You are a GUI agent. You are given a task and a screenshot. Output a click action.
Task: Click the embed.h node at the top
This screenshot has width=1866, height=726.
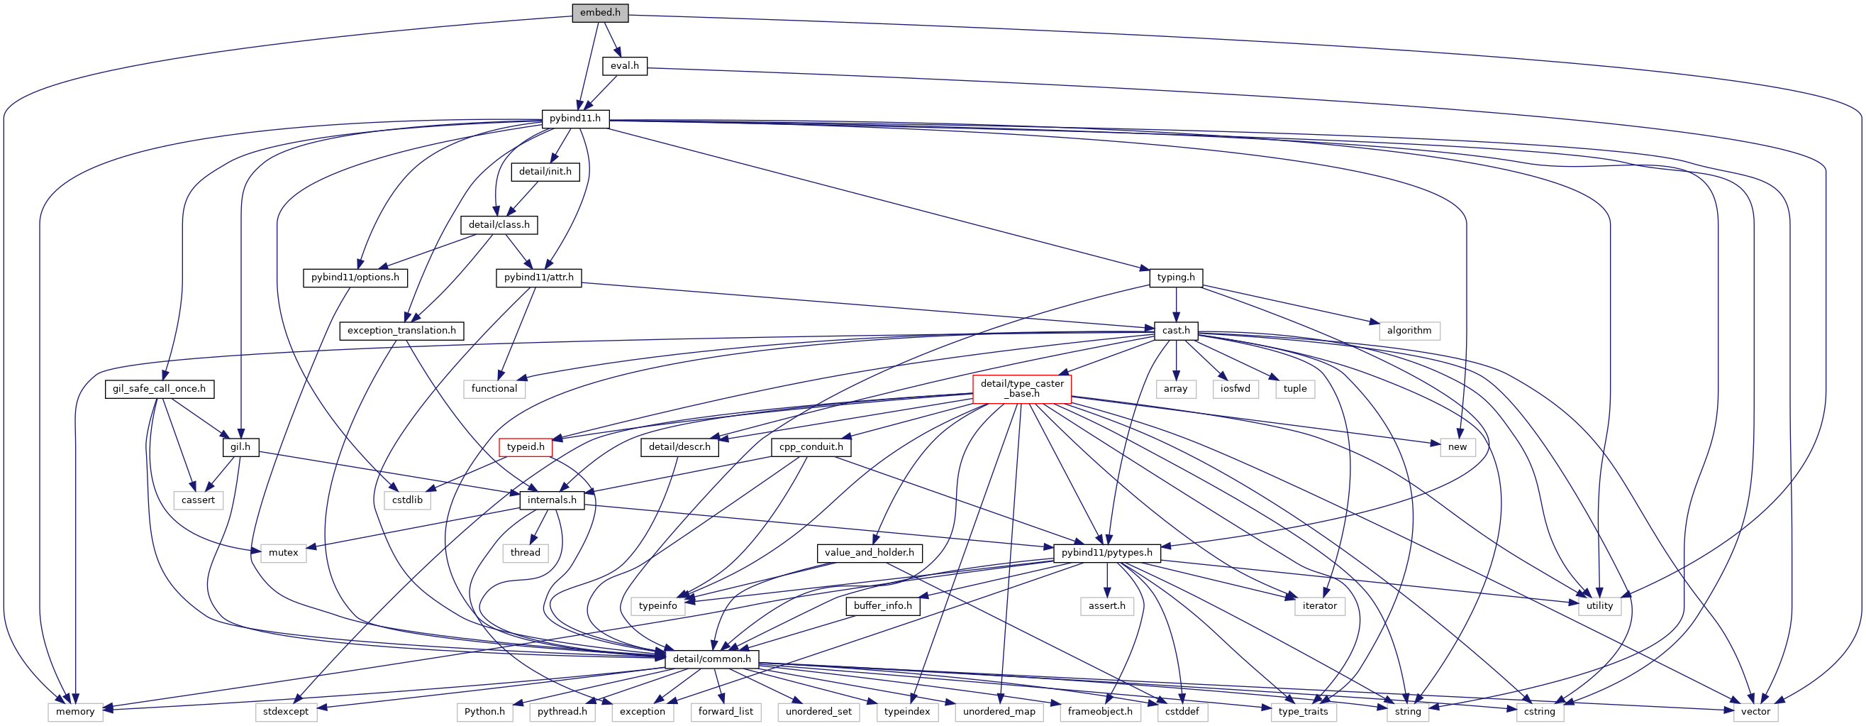coord(600,13)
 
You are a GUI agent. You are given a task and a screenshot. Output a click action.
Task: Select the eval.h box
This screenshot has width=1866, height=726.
coord(624,66)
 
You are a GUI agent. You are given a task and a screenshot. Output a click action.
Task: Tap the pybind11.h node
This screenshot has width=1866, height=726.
coord(575,119)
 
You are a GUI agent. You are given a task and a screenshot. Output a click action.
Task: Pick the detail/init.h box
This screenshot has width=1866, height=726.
coord(545,172)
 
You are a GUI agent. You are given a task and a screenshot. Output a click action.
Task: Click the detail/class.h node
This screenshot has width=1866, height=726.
coord(499,224)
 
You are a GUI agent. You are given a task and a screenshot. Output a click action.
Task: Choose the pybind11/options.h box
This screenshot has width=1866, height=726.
coord(355,277)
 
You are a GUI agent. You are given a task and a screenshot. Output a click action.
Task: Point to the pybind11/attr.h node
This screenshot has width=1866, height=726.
coord(539,277)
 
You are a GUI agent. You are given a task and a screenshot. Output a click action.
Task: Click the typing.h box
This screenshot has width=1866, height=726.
coord(1176,277)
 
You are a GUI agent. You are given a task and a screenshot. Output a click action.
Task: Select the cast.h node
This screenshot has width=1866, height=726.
coord(1176,331)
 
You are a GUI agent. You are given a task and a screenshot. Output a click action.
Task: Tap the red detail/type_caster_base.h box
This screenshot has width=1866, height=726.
coord(1022,389)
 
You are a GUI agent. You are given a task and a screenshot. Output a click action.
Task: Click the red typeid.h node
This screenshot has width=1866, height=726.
coord(525,447)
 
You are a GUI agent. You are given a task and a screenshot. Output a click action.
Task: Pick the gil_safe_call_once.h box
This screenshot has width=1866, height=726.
coord(160,389)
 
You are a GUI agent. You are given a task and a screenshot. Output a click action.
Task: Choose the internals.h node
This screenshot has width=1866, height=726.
coord(552,500)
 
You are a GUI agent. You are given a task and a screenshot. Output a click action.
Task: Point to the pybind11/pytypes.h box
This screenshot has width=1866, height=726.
coord(1107,553)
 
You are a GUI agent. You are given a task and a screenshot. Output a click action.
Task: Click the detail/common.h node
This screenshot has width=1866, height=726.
coord(712,659)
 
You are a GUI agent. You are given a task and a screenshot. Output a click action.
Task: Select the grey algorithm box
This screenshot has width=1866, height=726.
coord(1409,331)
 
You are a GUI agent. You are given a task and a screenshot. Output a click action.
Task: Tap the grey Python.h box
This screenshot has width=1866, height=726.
coord(484,712)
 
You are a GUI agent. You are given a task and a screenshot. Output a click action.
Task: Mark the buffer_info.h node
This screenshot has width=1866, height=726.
coord(882,606)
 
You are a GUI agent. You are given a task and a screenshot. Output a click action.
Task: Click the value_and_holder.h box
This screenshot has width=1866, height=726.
coord(870,553)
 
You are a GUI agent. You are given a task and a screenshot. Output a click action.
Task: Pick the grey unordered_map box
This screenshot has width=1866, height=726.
coord(999,712)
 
